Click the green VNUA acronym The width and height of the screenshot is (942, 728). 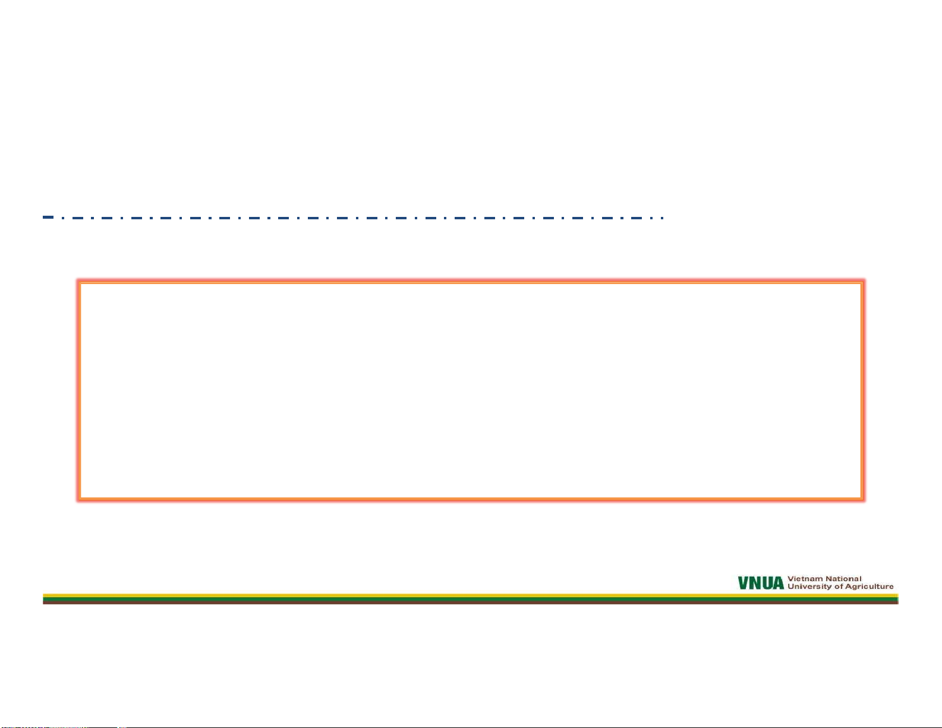761,583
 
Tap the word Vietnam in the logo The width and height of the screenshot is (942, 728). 805,578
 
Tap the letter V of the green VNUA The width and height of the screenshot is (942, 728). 743,583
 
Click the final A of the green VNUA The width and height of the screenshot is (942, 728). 779,583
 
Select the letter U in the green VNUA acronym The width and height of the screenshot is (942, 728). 767,583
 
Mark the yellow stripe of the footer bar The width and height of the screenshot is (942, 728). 470,595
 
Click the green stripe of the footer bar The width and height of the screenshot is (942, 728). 470,599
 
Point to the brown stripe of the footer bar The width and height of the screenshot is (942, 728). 470,603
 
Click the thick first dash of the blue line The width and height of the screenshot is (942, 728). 48,217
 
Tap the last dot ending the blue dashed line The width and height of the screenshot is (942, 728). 663,218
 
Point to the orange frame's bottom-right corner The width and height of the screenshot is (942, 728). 862,499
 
